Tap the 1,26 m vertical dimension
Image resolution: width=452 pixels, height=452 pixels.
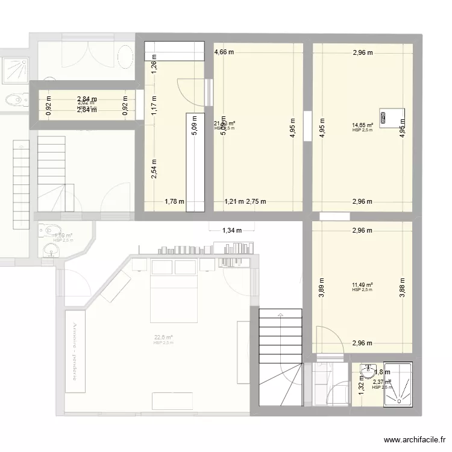153,67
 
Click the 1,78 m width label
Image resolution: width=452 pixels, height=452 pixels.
174,202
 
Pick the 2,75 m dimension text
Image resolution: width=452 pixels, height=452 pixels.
256,202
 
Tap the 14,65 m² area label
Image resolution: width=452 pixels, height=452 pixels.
362,126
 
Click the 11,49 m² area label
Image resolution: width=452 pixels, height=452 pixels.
362,285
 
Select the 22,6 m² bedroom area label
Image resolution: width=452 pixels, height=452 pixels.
163,337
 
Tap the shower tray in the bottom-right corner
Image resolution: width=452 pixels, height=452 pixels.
398,385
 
